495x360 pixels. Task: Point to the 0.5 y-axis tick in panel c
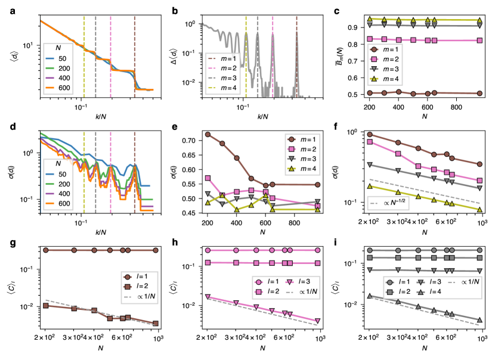point(351,94)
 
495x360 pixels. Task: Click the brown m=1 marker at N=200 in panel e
point(208,134)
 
